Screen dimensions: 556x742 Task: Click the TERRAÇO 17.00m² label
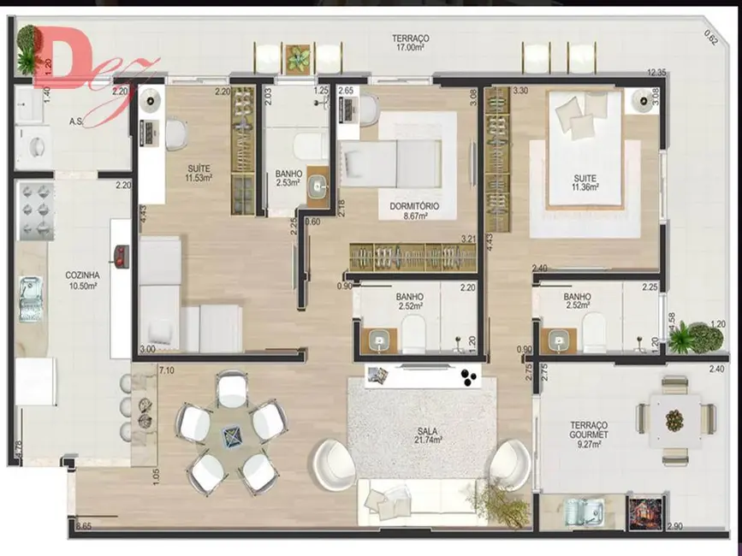pyautogui.click(x=410, y=43)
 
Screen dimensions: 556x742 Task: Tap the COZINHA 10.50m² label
pyautogui.click(x=82, y=280)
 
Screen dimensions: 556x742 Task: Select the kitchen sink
pyautogui.click(x=30, y=297)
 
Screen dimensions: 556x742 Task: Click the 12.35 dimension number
pyautogui.click(x=656, y=74)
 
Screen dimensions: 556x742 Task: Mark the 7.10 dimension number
pyautogui.click(x=167, y=370)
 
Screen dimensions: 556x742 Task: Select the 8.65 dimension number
pyautogui.click(x=83, y=525)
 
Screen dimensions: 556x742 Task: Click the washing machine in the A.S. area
pyautogui.click(x=36, y=148)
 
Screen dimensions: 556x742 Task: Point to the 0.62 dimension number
pyautogui.click(x=710, y=36)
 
